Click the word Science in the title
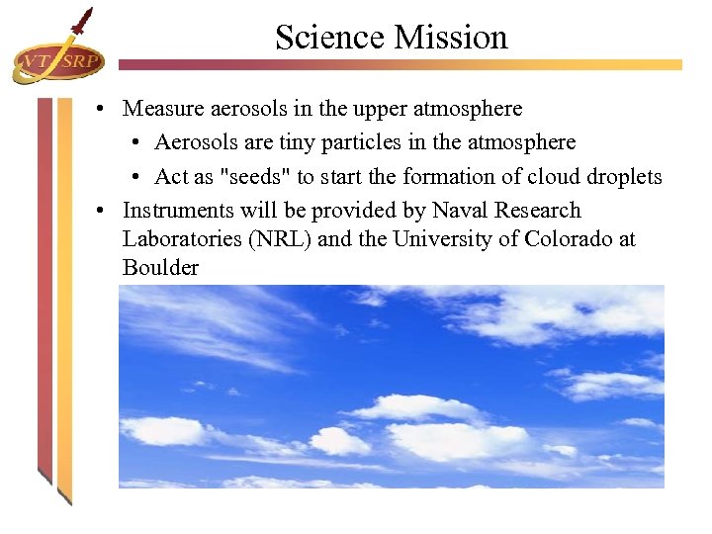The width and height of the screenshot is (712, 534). [x=330, y=38]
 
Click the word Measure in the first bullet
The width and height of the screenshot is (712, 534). [x=159, y=108]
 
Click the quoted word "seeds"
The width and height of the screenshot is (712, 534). [x=259, y=177]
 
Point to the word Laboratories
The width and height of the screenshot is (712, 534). [x=182, y=239]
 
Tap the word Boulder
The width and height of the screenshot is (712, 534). [x=160, y=268]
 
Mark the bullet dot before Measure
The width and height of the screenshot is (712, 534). [x=102, y=108]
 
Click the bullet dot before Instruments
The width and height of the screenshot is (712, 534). [x=102, y=211]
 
